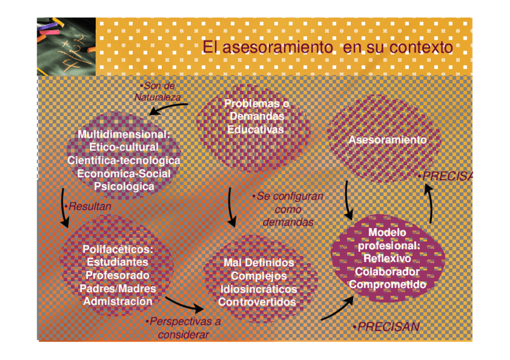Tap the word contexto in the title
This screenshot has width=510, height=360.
pos(420,47)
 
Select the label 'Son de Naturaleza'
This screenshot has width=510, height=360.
pos(158,92)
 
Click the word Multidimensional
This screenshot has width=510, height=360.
pos(123,134)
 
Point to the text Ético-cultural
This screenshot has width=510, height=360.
pos(124,147)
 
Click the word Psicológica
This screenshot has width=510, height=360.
pos(124,186)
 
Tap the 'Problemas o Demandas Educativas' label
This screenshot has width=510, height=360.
pos(256,117)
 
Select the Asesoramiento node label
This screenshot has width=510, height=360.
pos(387,140)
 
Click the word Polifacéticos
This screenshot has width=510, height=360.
pos(118,249)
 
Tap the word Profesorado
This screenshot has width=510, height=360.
pos(118,275)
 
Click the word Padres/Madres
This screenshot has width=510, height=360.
pos(118,288)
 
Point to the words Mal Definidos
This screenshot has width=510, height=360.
pos(259,263)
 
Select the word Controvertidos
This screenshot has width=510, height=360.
pos(257,302)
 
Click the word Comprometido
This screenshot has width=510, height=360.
pos(387,284)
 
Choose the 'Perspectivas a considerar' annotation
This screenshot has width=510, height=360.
pos(184,328)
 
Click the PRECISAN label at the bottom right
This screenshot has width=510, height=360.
pos(386,328)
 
